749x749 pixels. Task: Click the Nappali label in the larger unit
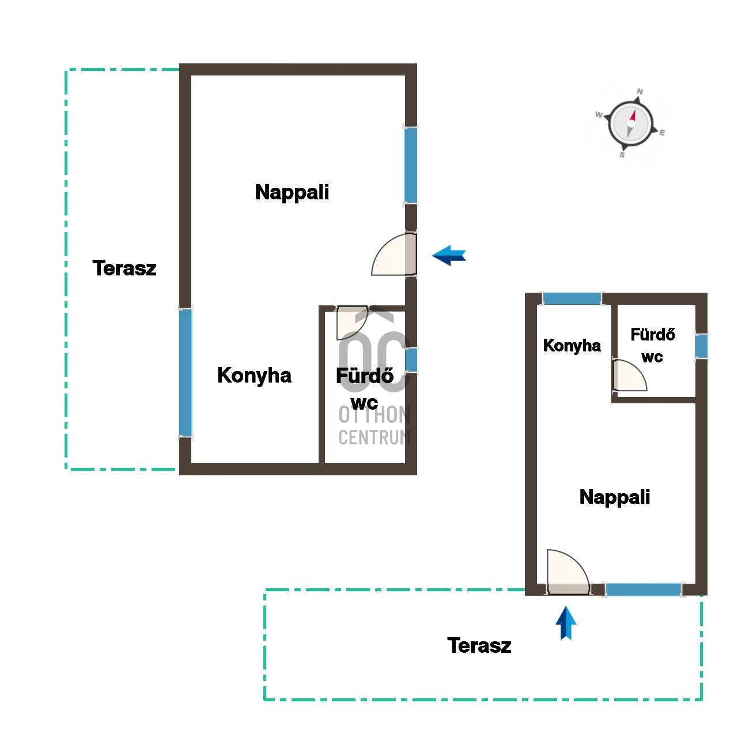point(292,192)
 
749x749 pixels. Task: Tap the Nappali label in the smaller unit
point(615,498)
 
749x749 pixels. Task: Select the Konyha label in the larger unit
point(254,376)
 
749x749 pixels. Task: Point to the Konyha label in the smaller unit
point(572,345)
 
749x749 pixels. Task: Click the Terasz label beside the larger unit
point(124,268)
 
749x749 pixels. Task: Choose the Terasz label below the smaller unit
point(479,645)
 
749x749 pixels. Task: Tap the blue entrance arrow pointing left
point(449,255)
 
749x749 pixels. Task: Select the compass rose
point(630,124)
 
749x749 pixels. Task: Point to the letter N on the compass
point(640,92)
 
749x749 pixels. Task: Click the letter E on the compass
point(663,133)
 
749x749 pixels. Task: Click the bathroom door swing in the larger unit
point(352,322)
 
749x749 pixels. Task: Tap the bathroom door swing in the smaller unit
point(630,375)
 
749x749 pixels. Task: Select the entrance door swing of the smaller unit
point(568,572)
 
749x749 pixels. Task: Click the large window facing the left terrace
point(186,373)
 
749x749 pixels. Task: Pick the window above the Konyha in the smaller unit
point(572,298)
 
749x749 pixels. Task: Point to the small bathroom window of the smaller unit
point(702,346)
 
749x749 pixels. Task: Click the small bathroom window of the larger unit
point(411,360)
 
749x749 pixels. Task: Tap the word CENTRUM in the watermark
point(374,437)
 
